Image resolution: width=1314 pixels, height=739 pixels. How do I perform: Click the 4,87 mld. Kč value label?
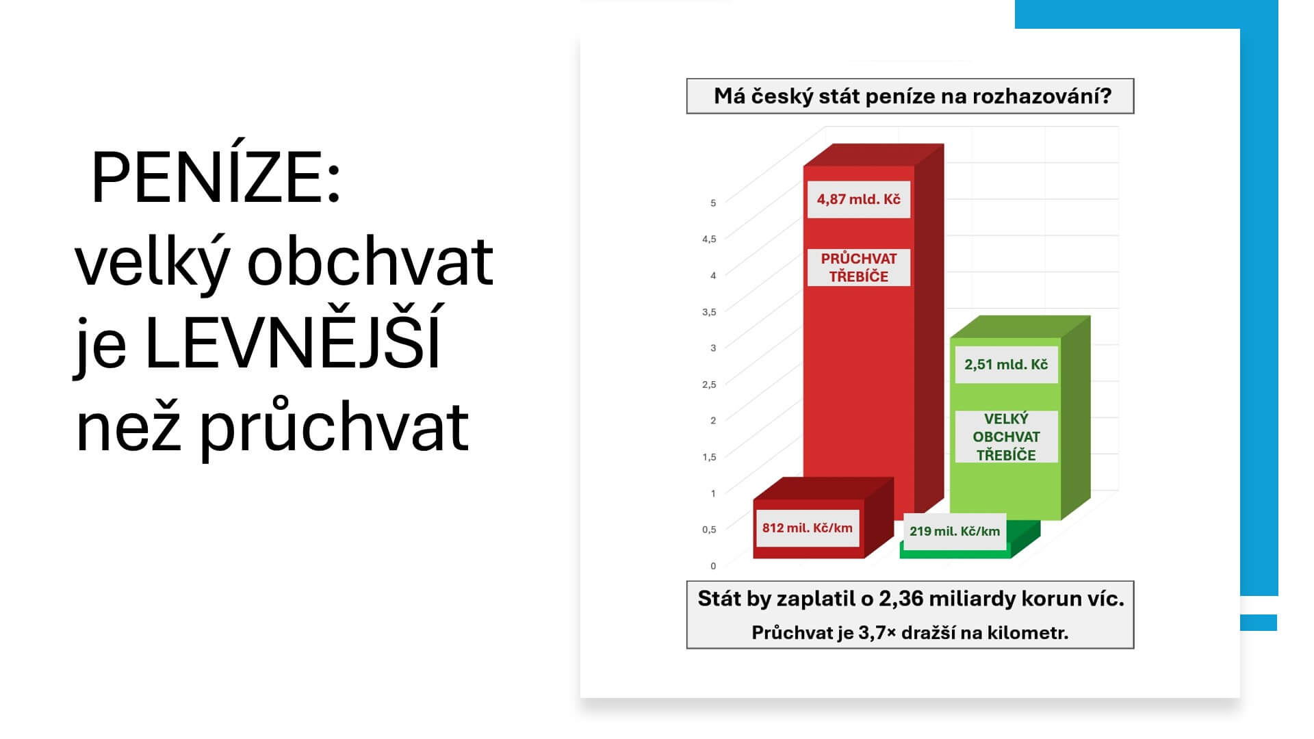pyautogui.click(x=859, y=199)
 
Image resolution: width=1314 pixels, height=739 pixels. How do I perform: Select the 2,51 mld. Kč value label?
pyautogui.click(x=1006, y=364)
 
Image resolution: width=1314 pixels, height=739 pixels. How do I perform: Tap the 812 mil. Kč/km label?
pyautogui.click(x=808, y=528)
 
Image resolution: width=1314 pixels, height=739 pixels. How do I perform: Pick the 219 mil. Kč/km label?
pyautogui.click(x=955, y=531)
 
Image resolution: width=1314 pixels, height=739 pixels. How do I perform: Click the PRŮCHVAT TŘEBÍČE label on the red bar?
pyautogui.click(x=859, y=268)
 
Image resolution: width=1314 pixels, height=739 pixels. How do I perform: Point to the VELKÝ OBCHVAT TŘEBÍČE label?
pyautogui.click(x=1006, y=437)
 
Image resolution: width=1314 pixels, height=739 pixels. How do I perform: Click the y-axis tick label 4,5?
pyautogui.click(x=709, y=239)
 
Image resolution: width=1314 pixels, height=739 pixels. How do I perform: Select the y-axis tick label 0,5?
pyautogui.click(x=709, y=529)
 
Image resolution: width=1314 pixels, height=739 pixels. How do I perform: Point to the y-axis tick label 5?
pyautogui.click(x=713, y=203)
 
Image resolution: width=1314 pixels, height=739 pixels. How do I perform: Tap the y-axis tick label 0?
pyautogui.click(x=713, y=566)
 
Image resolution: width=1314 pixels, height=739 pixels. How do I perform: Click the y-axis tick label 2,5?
pyautogui.click(x=709, y=384)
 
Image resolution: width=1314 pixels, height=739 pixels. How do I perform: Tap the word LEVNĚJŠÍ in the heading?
pyautogui.click(x=292, y=338)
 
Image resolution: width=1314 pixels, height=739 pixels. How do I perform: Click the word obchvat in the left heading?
pyautogui.click(x=370, y=261)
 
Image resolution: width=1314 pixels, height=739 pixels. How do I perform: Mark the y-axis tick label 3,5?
pyautogui.click(x=709, y=311)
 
